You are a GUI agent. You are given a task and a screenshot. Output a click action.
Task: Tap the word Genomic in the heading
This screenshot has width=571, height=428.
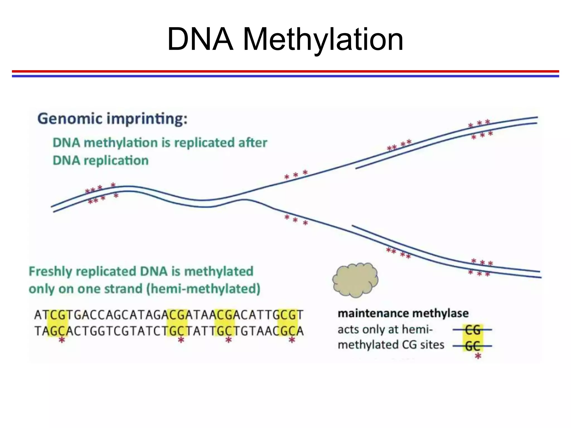coord(70,119)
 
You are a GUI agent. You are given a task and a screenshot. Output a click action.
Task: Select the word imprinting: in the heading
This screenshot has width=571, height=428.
coord(147,119)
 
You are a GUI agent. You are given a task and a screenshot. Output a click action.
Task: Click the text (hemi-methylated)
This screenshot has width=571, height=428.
coord(203,289)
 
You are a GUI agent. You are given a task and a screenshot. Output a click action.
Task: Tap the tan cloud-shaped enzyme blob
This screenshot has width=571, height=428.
coord(355,280)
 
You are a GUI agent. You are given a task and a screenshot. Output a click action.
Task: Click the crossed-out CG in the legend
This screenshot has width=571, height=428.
coord(472,330)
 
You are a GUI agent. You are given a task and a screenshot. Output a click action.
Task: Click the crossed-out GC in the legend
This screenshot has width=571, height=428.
coord(472,346)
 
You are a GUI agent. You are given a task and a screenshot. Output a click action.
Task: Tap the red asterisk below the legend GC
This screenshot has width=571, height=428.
coord(478,356)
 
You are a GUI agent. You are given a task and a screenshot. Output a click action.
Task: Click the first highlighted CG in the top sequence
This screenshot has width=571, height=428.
coord(58,315)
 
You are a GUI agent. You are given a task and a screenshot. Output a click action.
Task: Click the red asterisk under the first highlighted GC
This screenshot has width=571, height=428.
coord(62,340)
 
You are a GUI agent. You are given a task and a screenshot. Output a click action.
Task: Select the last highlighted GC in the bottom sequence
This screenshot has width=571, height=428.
coord(288,331)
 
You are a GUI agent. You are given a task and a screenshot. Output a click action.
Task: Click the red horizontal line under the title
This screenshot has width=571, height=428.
coord(285,71)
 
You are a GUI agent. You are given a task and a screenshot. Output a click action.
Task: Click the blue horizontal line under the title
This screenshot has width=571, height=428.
coord(285,76)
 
